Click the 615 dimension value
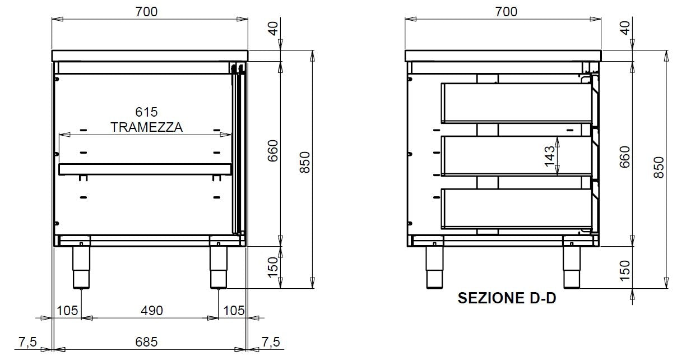point(146,112)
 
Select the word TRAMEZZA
point(146,127)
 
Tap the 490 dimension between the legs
point(151,310)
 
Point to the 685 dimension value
point(146,341)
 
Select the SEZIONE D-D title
point(507,298)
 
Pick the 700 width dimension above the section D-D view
point(506,11)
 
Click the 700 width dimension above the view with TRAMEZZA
point(146,11)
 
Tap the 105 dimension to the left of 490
point(67,310)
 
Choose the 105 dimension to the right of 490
point(234,310)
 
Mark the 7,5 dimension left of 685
point(27,341)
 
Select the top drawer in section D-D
point(516,103)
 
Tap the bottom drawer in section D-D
point(516,209)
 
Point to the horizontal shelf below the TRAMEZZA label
point(145,169)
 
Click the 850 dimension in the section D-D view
point(659,168)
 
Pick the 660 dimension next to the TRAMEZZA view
point(273,151)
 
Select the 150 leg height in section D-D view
point(625,268)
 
